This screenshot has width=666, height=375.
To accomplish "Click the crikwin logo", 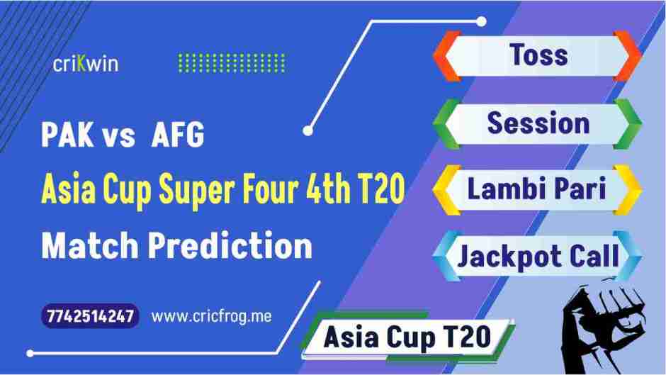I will (x=86, y=64).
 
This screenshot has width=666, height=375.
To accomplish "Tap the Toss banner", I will (x=536, y=55).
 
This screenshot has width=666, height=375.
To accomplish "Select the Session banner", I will (x=536, y=123).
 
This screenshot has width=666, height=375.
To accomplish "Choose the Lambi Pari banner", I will (x=536, y=190).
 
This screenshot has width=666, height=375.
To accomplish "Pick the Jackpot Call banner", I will (x=536, y=256).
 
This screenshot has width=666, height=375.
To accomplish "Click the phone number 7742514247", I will (x=89, y=316).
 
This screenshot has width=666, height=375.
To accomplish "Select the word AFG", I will (x=177, y=136).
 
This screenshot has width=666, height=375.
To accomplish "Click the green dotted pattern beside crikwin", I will (x=231, y=63).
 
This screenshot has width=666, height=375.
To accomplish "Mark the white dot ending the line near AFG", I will (x=307, y=130).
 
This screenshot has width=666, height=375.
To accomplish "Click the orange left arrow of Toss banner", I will (x=443, y=55).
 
